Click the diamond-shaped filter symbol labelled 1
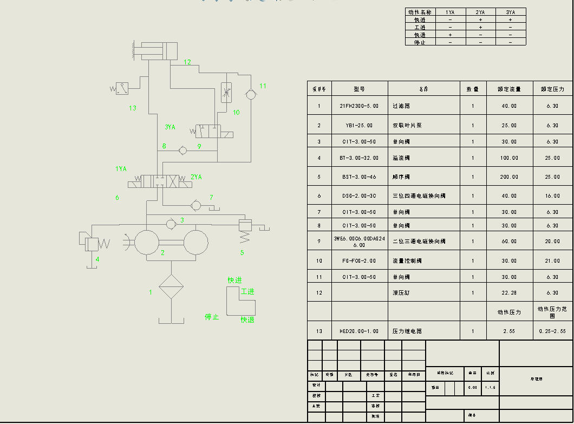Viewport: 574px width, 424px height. (171, 286)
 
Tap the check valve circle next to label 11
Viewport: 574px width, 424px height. (251, 94)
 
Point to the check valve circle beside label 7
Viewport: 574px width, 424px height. (196, 205)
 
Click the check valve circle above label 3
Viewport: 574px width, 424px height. (171, 223)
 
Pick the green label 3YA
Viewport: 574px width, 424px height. (170, 127)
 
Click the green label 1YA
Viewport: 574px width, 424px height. (121, 169)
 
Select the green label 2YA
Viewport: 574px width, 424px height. (196, 177)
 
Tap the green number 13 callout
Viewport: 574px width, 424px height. (133, 108)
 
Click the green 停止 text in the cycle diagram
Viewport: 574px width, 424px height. (212, 317)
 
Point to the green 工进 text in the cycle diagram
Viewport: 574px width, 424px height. (247, 291)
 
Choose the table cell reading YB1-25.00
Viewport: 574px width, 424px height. (360, 126)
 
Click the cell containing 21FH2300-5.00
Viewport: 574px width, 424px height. (360, 106)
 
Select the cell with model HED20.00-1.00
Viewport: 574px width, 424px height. (360, 331)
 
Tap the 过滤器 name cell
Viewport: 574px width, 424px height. (401, 106)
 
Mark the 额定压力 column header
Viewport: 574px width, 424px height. (552, 89)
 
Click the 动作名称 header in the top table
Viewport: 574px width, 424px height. (420, 12)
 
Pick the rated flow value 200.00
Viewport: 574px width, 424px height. (509, 177)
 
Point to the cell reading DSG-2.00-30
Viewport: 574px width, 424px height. (360, 195)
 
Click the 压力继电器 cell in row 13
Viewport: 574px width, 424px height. (407, 331)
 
